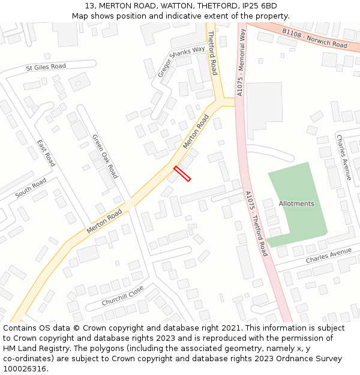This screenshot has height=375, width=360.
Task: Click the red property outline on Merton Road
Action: coord(182,173)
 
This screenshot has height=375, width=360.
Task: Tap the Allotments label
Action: coord(296,204)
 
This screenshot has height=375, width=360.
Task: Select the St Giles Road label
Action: coord(46,67)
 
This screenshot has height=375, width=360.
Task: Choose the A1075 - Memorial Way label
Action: coord(241,63)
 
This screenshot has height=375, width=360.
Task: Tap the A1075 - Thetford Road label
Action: coord(256,223)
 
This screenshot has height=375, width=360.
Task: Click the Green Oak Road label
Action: coord(105,156)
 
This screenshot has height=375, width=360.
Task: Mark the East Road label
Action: coord(46,153)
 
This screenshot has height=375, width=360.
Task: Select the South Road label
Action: coord(31,188)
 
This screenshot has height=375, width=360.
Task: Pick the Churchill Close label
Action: coord(122,295)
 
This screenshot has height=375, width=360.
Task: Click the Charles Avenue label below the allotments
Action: coord(328,256)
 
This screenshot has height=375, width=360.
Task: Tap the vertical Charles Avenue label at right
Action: coord(343,157)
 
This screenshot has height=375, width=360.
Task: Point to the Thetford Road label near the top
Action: coord(212,53)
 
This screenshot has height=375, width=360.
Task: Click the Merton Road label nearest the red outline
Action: coord(196,133)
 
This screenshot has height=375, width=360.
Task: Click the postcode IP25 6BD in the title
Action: coord(259,5)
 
